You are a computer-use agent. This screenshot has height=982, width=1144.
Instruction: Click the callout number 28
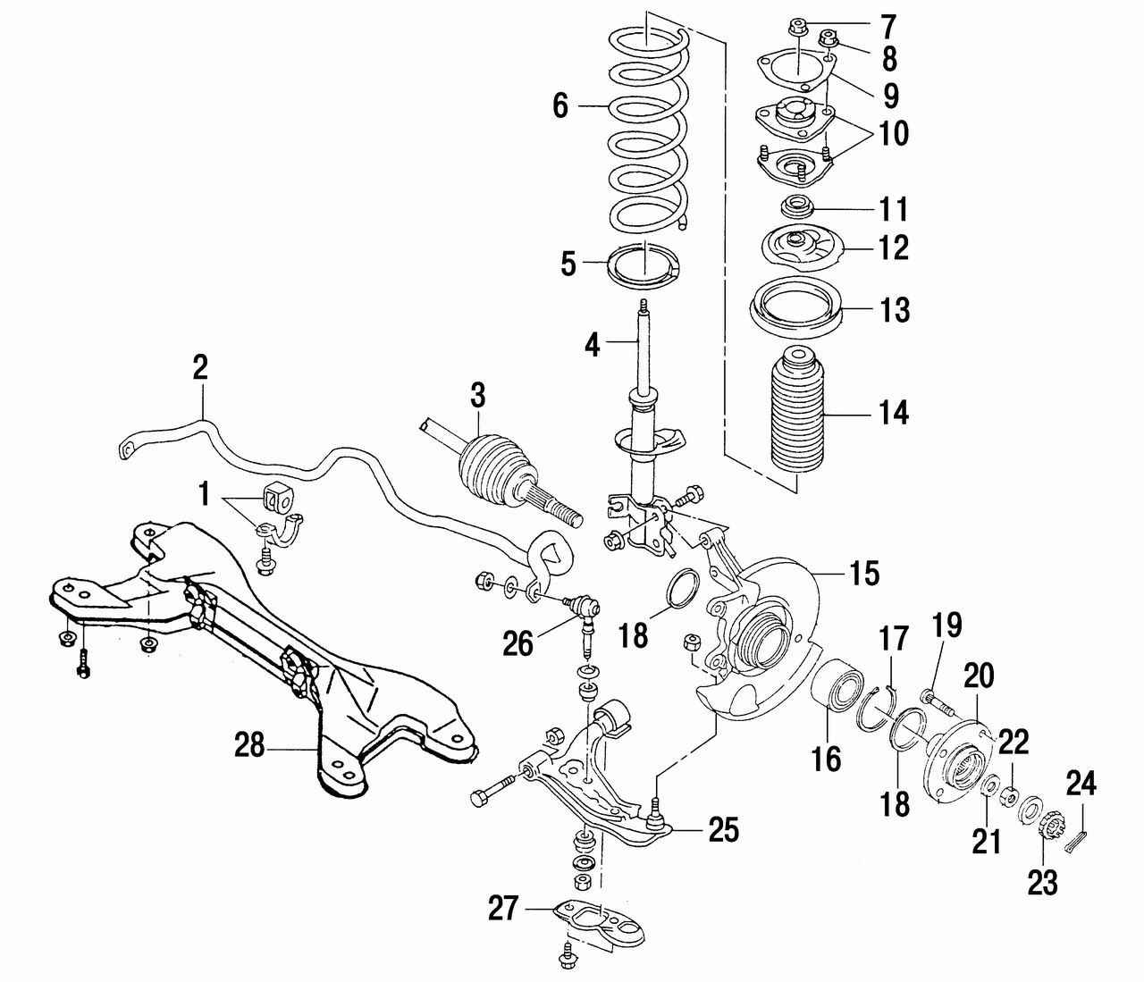pyautogui.click(x=249, y=744)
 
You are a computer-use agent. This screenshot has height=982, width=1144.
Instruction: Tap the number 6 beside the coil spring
pyautogui.click(x=560, y=106)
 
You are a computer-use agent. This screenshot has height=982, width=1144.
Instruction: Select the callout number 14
pyautogui.click(x=893, y=414)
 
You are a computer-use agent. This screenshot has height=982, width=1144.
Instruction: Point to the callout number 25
pyautogui.click(x=724, y=830)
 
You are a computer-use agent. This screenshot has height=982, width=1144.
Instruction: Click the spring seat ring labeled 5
pyautogui.click(x=643, y=265)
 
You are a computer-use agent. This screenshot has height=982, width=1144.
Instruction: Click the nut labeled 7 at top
pyautogui.click(x=798, y=27)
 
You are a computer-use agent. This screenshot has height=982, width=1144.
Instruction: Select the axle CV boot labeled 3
pyautogui.click(x=488, y=463)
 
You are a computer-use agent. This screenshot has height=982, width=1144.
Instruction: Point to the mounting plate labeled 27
pyautogui.click(x=601, y=920)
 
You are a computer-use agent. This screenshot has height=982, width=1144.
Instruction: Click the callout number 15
pyautogui.click(x=865, y=573)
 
